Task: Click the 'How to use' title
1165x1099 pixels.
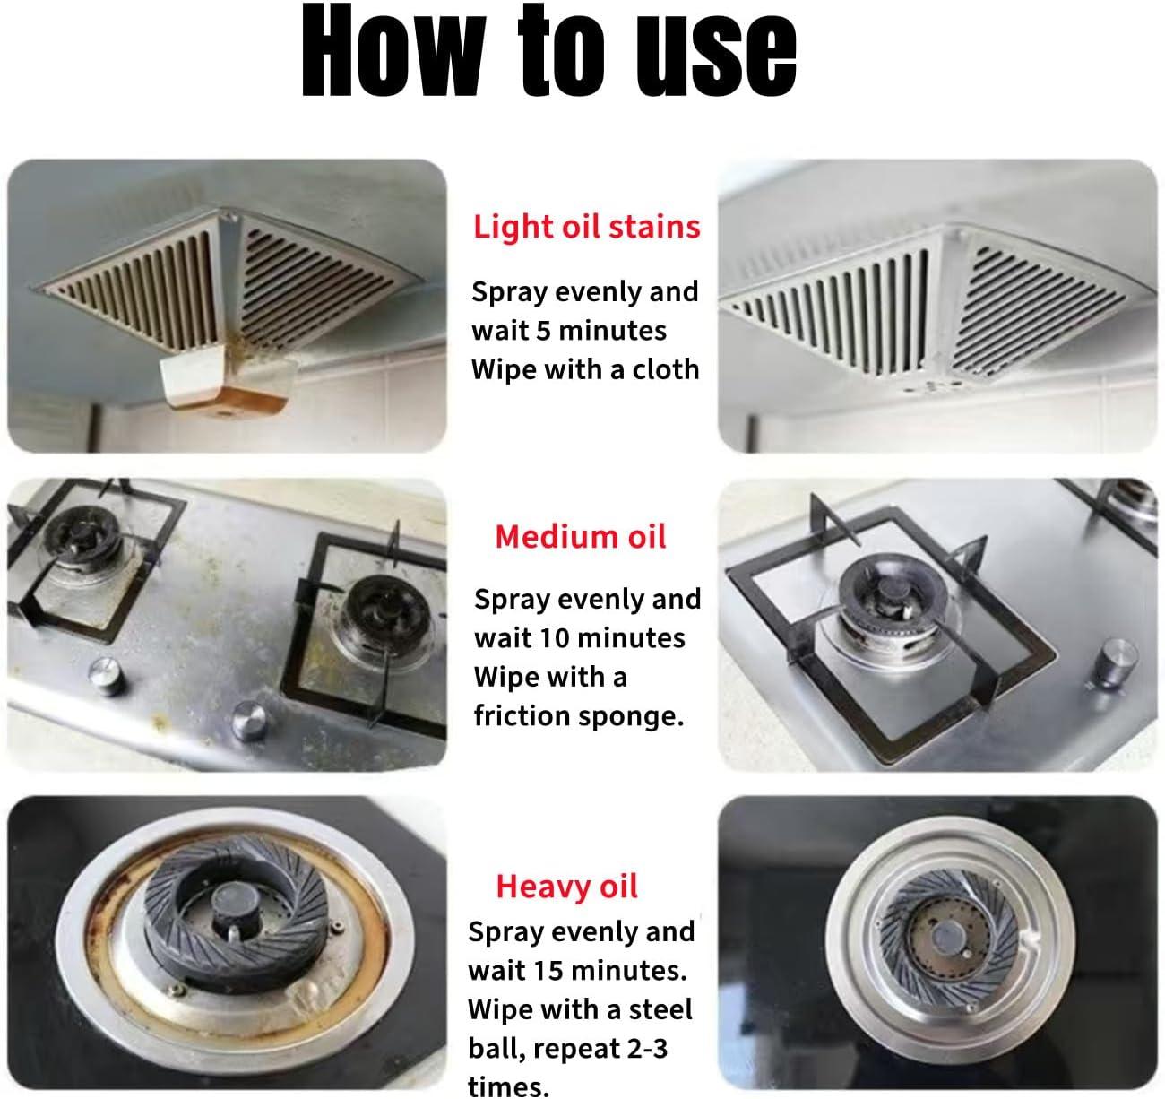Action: [x=549, y=52]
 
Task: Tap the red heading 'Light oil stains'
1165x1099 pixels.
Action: [x=587, y=227]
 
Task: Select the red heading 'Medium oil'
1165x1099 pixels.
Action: [x=581, y=537]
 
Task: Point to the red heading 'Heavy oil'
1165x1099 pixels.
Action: [x=566, y=886]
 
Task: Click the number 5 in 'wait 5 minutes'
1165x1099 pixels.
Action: [x=543, y=331]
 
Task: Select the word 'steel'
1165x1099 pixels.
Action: [x=660, y=1009]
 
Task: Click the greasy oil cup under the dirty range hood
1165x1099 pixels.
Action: [x=228, y=382]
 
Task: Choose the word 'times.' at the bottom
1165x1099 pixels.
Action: [x=509, y=1086]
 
